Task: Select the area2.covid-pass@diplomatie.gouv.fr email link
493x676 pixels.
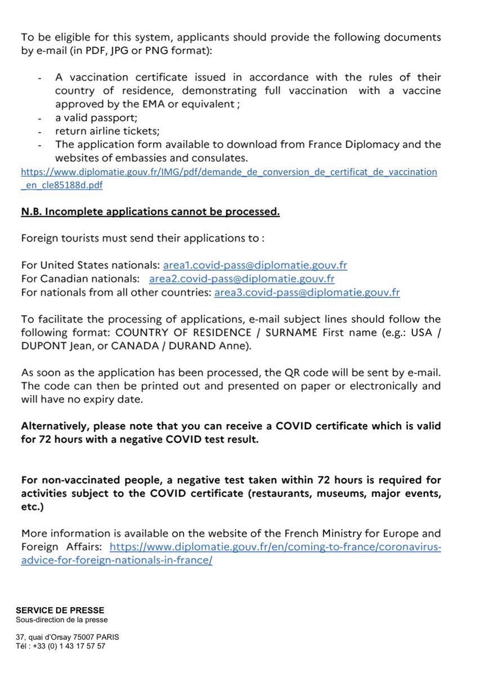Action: pos(242,279)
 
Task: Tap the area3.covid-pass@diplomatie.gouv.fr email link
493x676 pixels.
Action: pos(307,292)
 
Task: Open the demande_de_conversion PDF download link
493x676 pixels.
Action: pos(228,172)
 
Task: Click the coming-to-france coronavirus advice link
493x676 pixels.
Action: pos(275,547)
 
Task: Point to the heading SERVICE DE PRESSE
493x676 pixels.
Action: pos(60,610)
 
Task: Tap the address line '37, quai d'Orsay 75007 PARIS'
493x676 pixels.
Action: pos(68,637)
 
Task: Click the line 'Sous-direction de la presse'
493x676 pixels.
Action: pos(61,620)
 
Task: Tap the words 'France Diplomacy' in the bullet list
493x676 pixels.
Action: pos(352,144)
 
